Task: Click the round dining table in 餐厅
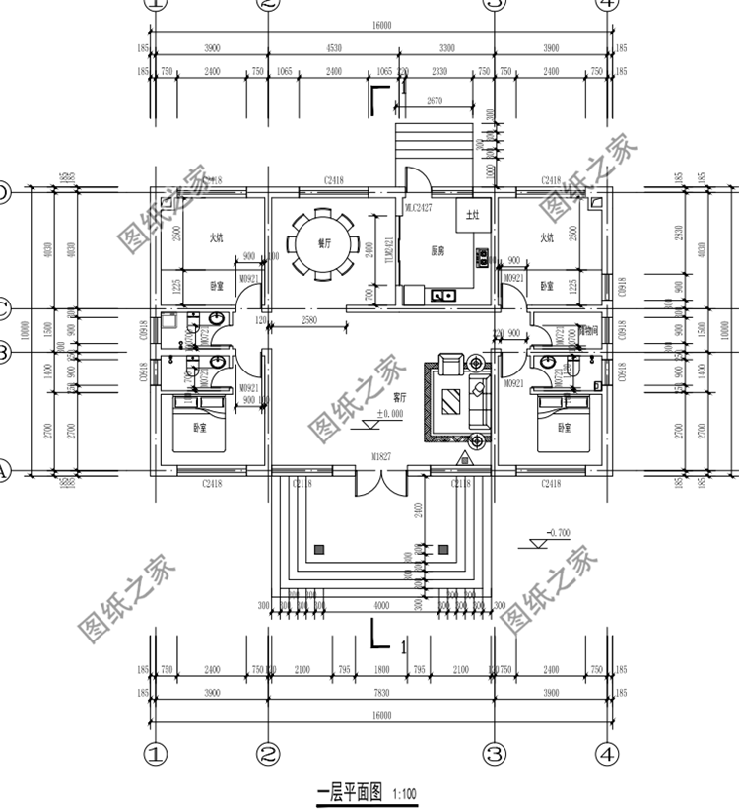click(x=320, y=243)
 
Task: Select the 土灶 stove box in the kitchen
click(x=472, y=214)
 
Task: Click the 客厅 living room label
click(x=400, y=399)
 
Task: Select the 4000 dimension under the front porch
click(x=382, y=605)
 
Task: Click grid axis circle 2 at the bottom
click(x=267, y=754)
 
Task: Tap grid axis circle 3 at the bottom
click(x=495, y=754)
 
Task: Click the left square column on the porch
click(x=318, y=548)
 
